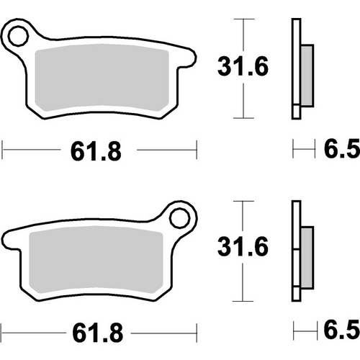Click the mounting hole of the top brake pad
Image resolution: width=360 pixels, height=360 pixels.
tap(19, 32)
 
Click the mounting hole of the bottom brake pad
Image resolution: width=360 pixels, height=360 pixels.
tap(179, 215)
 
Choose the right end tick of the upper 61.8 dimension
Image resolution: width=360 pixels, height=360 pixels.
tap(197, 150)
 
